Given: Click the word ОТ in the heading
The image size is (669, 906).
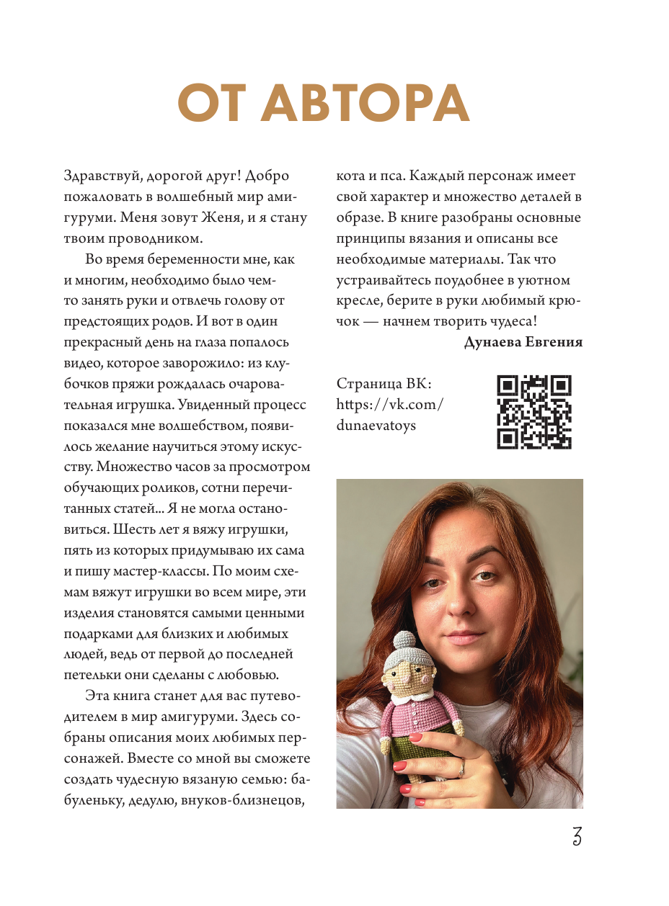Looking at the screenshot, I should [213, 104].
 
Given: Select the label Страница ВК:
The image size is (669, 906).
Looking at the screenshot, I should [384, 384].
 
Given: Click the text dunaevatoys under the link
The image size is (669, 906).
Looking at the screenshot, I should [376, 426].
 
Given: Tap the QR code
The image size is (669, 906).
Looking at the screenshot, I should [534, 412].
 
